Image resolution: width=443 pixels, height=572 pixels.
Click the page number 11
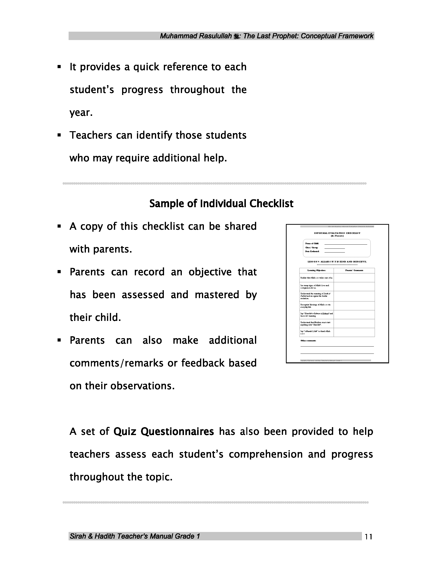click(x=368, y=537)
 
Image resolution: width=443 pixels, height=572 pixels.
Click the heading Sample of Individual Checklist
click(x=221, y=204)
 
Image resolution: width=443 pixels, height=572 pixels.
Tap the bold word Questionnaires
click(x=177, y=431)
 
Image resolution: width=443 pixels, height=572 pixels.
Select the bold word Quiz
click(x=125, y=431)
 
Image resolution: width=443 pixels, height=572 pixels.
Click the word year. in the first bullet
click(x=81, y=113)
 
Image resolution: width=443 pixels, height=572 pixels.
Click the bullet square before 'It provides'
click(x=59, y=67)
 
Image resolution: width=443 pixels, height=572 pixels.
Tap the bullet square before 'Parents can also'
click(x=59, y=340)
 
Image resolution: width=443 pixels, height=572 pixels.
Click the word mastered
click(x=217, y=295)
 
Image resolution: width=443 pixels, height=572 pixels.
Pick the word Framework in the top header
click(x=355, y=36)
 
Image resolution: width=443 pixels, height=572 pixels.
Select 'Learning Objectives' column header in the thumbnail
click(x=316, y=270)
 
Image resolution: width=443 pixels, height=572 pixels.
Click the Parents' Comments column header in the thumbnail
click(x=354, y=270)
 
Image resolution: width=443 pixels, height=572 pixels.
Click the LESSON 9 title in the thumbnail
click(x=337, y=262)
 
